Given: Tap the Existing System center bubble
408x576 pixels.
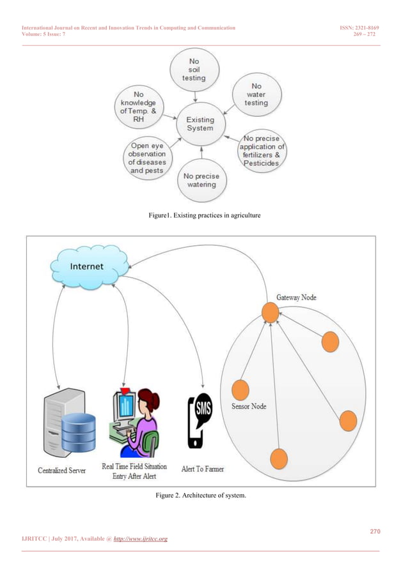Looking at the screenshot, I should [200, 124].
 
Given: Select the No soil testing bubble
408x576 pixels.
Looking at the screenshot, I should [194, 71].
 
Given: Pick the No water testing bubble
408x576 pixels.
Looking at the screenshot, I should [256, 94].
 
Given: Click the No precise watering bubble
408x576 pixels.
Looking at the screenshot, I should [200, 180].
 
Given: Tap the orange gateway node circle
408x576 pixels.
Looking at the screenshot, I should [270, 313].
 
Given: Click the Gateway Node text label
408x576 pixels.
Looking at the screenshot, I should [296, 298].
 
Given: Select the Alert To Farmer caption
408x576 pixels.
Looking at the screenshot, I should [201, 469].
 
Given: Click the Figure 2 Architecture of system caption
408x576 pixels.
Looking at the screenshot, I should [204, 497].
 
